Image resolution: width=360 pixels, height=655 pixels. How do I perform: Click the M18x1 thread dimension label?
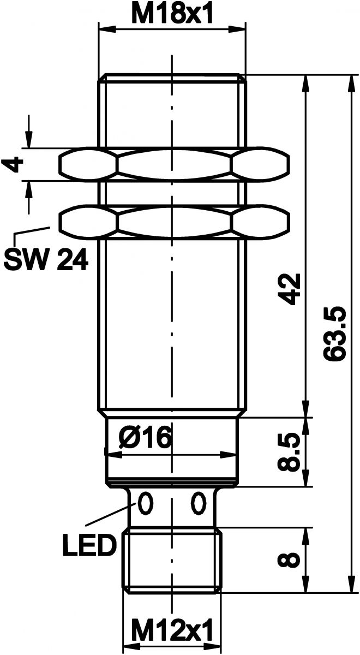tap(172, 13)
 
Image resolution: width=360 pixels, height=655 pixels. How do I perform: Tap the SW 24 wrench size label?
tap(45, 260)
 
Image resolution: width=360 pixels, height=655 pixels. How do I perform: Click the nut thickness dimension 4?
tap(16, 164)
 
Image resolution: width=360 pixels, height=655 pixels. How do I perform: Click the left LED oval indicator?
tap(145, 503)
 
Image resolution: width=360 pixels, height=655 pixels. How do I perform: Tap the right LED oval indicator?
tap(197, 503)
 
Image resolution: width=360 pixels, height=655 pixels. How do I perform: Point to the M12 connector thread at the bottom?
tap(172, 559)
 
